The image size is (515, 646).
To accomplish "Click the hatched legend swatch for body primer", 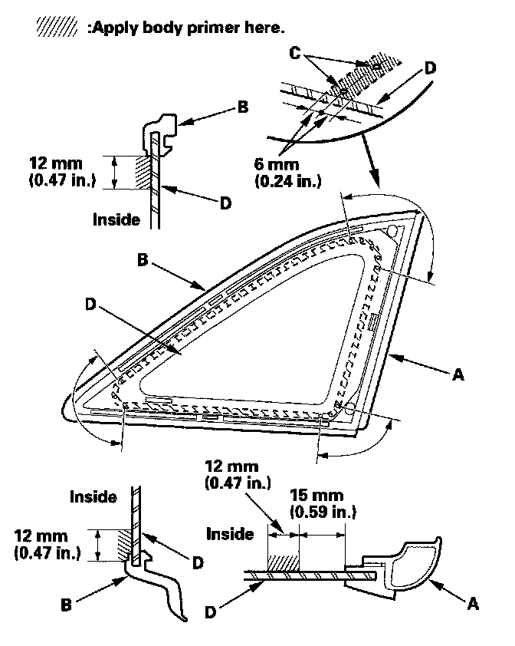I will click(57, 28).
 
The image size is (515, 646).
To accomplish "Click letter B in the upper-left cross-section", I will click(242, 108).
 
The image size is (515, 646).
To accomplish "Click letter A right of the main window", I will click(458, 374).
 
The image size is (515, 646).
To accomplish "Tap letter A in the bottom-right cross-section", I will click(473, 604).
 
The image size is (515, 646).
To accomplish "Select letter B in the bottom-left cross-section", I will click(67, 604).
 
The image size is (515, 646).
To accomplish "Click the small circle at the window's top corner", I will click(392, 229).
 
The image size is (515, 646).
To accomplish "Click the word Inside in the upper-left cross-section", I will click(116, 219).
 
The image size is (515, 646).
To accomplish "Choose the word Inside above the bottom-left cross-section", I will click(93, 496).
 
